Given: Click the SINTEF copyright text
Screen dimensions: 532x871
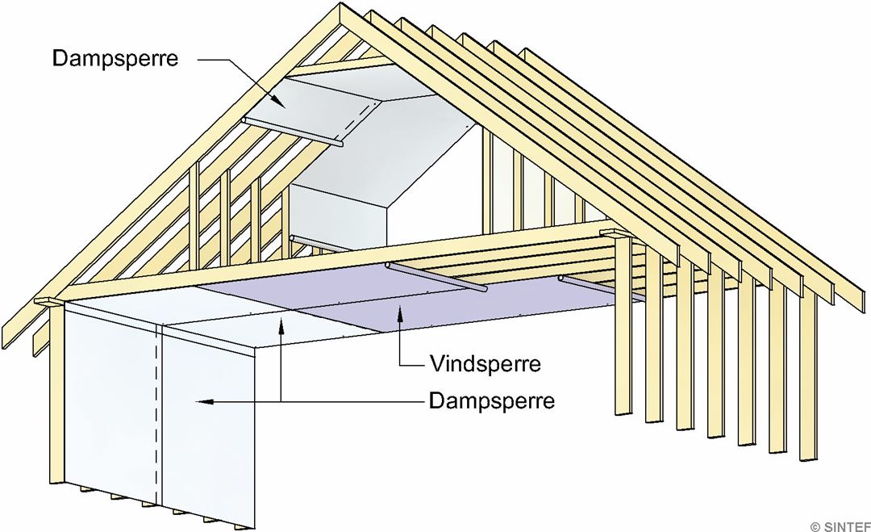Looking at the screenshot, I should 839,526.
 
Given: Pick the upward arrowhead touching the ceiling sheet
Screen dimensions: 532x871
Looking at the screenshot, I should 280,325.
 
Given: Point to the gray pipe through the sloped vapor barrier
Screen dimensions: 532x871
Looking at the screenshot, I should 290,132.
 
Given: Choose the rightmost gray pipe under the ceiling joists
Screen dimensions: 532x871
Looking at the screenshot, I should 601,288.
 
